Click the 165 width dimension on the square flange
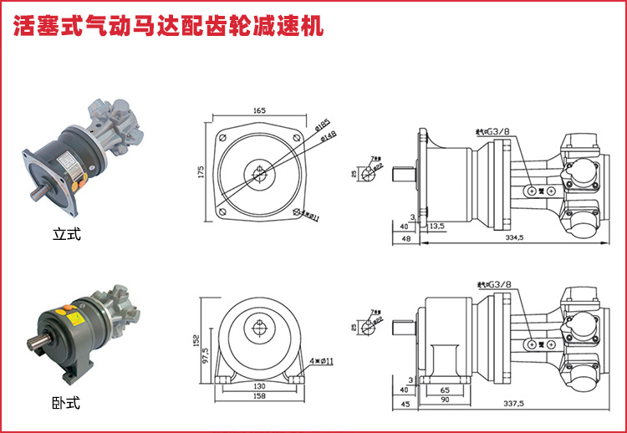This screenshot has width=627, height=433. point(259,110)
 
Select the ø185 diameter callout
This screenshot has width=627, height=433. point(323,126)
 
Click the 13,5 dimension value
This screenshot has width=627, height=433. point(436,227)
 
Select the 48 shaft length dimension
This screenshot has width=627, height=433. point(405,239)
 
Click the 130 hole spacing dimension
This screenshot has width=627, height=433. point(259,386)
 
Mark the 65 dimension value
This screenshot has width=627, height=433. point(445,390)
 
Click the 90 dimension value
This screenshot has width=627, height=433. point(445,401)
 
